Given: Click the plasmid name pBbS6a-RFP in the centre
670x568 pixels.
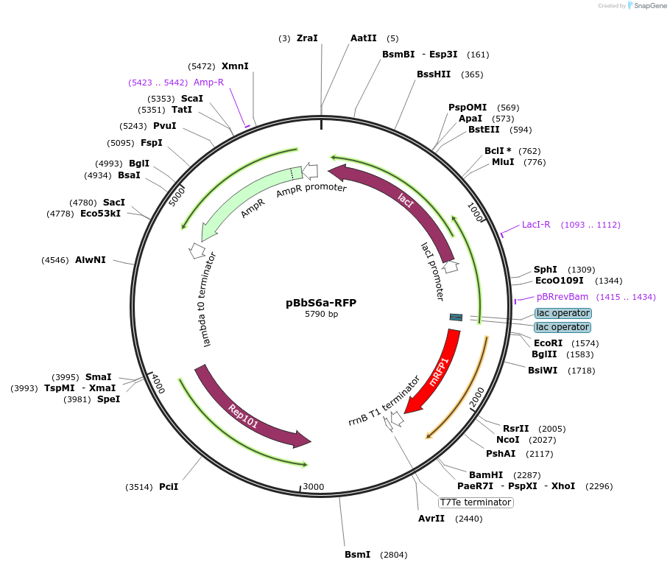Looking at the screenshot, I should pos(321,303).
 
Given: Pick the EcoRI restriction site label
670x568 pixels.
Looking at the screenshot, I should pos(548,343).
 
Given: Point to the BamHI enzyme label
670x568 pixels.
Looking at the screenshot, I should pos(486,474).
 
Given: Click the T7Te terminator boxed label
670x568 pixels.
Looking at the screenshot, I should pos(475,502).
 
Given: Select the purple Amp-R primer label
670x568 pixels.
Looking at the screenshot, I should pos(208,83).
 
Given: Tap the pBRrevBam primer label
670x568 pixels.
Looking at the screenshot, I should pos(563,297).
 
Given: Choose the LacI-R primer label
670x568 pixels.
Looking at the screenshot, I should pos(536,225).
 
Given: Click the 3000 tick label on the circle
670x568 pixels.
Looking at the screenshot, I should pos(314,487).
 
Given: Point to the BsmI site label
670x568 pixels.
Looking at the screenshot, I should pos(358,555).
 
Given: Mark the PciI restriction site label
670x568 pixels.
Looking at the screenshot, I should pos(169,487).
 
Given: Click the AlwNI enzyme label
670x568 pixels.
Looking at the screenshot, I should pos(91,260).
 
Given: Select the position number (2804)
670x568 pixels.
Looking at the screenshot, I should pos(393,555).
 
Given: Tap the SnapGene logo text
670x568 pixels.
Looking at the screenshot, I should pos(649,6).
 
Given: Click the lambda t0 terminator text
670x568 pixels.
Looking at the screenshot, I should pos(211,299).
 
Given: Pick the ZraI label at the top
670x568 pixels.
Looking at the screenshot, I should pos(307,38).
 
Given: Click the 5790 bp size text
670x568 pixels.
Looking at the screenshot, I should pos(321,315).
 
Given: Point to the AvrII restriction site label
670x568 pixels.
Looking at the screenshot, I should pos(431,519).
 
